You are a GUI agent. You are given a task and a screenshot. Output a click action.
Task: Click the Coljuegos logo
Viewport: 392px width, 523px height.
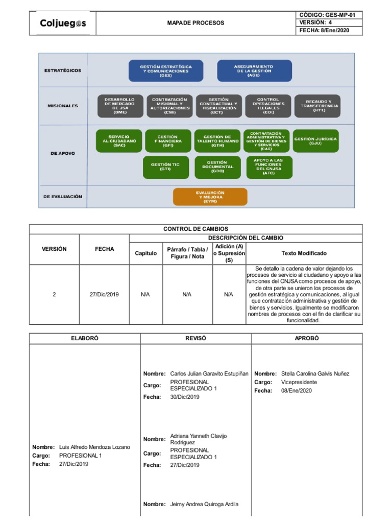click(63, 23)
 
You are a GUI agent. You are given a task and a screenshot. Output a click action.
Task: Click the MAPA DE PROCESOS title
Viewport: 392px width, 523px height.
click(195, 23)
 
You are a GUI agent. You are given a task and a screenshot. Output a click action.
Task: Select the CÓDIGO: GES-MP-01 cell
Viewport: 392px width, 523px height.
click(329, 15)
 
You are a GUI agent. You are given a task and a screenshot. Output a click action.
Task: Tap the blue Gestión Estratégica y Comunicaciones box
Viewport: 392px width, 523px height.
click(166, 70)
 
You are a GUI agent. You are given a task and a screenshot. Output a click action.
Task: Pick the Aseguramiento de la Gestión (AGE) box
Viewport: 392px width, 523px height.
click(254, 70)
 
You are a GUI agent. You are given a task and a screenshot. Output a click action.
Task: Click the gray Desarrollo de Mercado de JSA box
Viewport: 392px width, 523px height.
click(120, 106)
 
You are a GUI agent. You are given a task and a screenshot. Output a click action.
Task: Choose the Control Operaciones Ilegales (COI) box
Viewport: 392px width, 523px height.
click(268, 106)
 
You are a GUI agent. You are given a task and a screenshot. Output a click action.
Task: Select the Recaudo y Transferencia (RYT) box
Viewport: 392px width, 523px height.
click(317, 106)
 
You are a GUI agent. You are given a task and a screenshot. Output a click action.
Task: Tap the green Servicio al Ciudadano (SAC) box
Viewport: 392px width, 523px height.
click(118, 141)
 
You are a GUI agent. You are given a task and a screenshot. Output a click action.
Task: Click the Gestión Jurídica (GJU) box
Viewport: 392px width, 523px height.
click(315, 141)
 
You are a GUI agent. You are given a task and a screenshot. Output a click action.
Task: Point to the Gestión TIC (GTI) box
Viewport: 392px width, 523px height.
click(166, 168)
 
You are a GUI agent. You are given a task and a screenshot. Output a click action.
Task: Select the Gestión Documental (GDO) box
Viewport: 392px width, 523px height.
click(217, 168)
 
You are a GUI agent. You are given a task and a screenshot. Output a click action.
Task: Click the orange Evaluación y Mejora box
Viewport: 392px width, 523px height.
click(210, 197)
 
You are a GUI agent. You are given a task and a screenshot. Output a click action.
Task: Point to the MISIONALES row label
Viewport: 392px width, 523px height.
click(63, 106)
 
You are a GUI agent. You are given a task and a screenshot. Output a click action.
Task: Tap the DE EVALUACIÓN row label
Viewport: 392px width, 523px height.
click(63, 197)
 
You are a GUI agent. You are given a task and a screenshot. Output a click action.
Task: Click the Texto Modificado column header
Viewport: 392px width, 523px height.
click(304, 253)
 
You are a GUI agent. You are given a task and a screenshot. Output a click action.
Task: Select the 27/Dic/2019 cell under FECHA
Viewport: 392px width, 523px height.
click(104, 295)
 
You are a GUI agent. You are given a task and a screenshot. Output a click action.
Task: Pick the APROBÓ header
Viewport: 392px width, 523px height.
click(307, 338)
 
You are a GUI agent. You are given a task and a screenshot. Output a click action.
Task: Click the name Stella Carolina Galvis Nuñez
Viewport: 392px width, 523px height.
click(315, 373)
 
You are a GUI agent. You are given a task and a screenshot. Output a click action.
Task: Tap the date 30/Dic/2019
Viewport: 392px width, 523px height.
click(185, 397)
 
